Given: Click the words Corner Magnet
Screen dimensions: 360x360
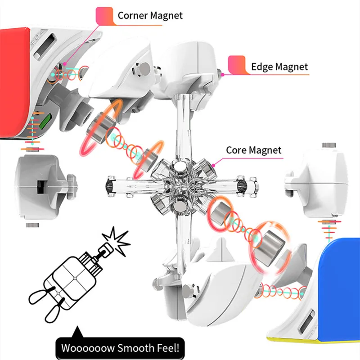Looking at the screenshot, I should point(150,15).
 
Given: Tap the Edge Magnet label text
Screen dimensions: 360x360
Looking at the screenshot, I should point(279,67).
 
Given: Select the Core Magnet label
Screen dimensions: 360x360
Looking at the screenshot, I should point(253,150).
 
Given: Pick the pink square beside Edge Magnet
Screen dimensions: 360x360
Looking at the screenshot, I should point(237,65).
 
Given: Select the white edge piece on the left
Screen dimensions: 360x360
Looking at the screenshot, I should point(38,184).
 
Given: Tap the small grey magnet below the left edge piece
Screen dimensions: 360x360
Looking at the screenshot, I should point(31,224).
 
